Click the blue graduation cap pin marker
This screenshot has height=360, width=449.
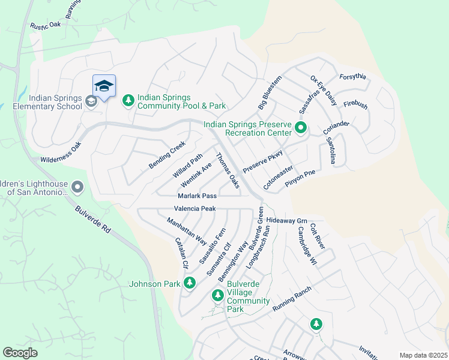tap(104, 86)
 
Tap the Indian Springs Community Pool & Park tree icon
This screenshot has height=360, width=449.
tap(128, 101)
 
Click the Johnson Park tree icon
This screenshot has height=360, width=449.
tap(190, 282)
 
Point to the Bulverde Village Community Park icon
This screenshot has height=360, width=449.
tap(217, 295)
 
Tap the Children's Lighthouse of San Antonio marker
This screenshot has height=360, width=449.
tap(77, 188)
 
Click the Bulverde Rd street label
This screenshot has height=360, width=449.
tap(94, 221)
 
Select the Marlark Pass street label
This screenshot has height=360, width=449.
tap(197, 196)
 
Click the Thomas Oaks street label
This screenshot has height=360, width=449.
tap(228, 171)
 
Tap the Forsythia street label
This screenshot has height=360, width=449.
tap(352, 77)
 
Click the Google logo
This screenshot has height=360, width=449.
tap(20, 353)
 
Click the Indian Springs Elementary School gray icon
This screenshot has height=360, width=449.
tap(90, 101)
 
